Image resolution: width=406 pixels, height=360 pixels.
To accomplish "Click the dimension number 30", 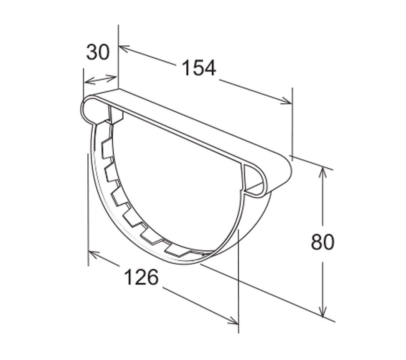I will coord(98,52).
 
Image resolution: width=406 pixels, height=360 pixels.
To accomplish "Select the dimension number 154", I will coord(199,68).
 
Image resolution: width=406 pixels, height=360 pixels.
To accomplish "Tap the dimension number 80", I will coord(322,242).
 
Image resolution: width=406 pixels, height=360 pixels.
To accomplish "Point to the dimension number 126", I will coord(141,277).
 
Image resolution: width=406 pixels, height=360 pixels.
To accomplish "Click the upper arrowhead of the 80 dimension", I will coord(321,171).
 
